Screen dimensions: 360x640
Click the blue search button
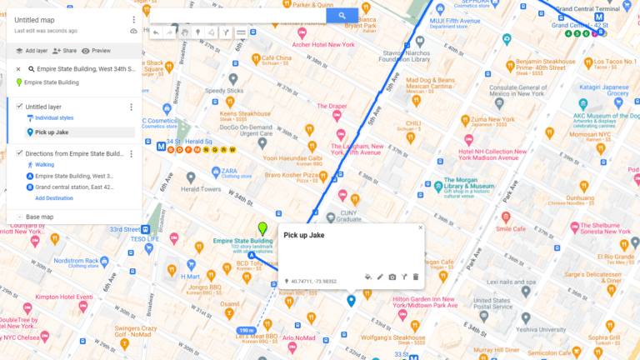(x=342, y=16)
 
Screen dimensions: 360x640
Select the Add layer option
(x=31, y=51)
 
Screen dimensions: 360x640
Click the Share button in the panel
(x=64, y=51)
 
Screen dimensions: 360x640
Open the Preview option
(x=96, y=51)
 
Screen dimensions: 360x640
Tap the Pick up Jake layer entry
(x=52, y=132)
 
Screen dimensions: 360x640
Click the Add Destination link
(x=54, y=198)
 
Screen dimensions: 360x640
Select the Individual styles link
(x=54, y=119)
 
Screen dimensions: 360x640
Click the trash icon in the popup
(x=416, y=277)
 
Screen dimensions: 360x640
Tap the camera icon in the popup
(x=392, y=277)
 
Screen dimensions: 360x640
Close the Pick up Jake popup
(x=421, y=227)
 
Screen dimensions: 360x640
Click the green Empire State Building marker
(x=263, y=227)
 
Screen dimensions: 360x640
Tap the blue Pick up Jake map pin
(x=351, y=300)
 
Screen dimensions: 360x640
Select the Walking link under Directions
(x=44, y=164)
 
